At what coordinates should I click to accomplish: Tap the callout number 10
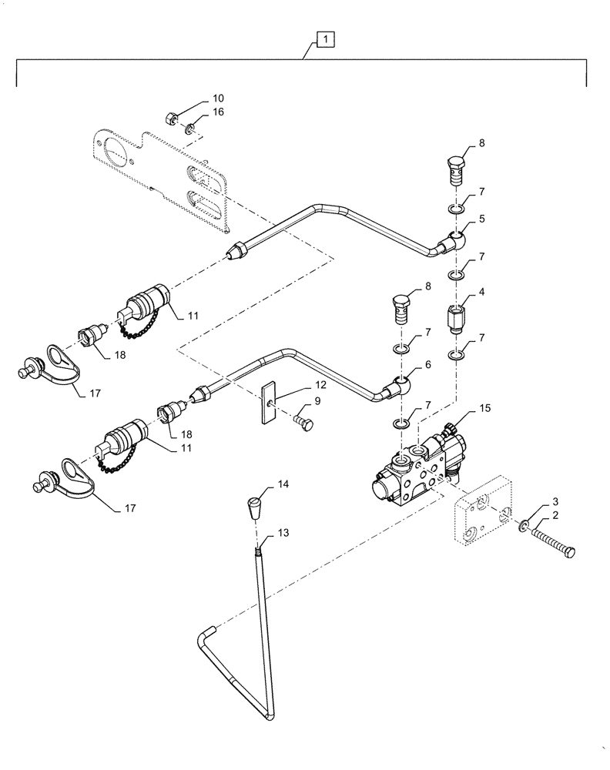[x=218, y=99]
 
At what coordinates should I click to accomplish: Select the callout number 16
[x=218, y=112]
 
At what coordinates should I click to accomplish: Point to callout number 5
[x=481, y=219]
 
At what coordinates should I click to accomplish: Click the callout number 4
[x=481, y=293]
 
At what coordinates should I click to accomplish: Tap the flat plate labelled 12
[x=267, y=402]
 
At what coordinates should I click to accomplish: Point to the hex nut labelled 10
[x=173, y=118]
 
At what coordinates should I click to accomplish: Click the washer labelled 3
[x=525, y=525]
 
